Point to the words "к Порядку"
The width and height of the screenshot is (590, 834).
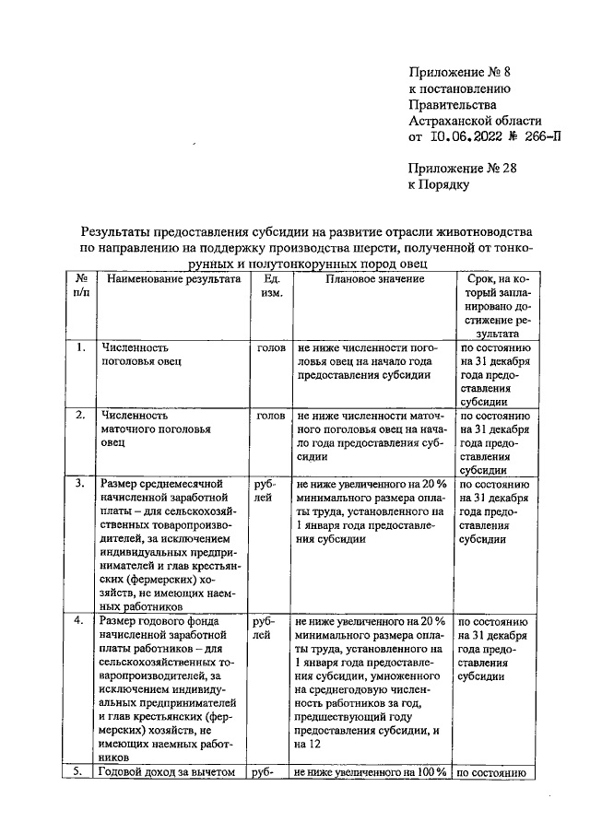[439, 184]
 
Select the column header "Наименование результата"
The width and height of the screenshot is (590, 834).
[171, 278]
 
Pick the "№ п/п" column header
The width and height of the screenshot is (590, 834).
[80, 286]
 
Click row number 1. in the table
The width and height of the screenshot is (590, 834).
[80, 347]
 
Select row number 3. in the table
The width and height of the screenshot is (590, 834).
[80, 482]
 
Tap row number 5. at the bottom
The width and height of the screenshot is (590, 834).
[80, 772]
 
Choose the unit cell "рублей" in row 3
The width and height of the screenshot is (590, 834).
[264, 489]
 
